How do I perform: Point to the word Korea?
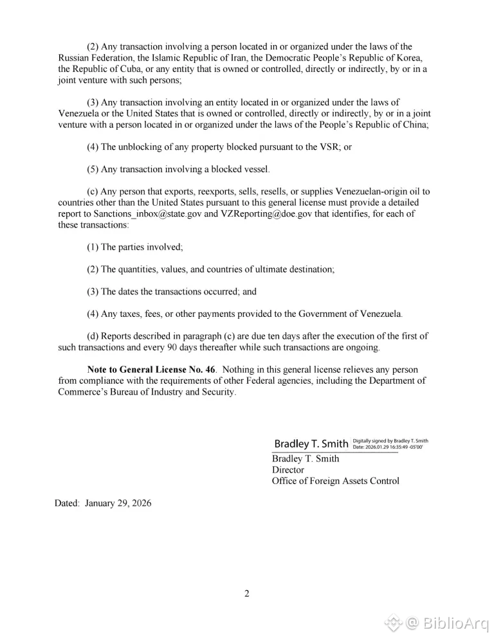point(407,58)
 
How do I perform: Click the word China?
point(412,125)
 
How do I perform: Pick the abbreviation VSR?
point(331,147)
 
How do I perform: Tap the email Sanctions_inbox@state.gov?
point(147,213)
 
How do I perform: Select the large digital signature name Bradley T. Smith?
point(311,444)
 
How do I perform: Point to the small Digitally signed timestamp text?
point(390,444)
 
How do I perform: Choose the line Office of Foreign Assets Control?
point(335,481)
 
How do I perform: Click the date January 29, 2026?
point(118,503)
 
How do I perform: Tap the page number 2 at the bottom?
point(246,593)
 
